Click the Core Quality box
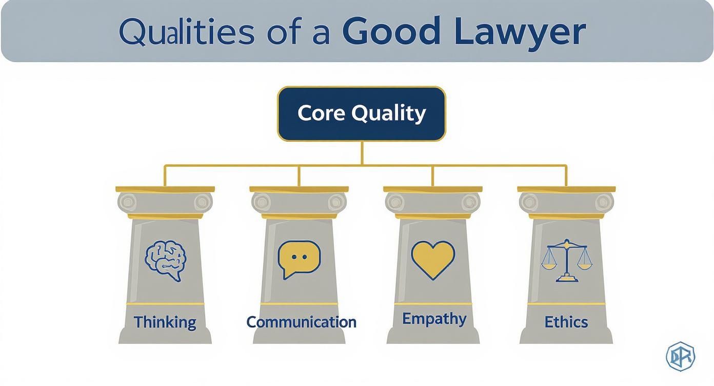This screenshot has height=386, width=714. [361, 113]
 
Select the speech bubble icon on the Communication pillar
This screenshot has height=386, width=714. [299, 258]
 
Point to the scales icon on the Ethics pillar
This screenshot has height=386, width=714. [566, 260]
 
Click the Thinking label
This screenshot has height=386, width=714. [165, 322]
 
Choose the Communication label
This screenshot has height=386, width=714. [301, 322]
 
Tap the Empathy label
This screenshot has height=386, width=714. [434, 319]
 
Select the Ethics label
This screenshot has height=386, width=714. [566, 322]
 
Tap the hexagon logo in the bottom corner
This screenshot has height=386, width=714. [680, 356]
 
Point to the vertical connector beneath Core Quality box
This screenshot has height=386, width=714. [362, 153]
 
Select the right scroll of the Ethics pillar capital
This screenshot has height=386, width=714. [604, 202]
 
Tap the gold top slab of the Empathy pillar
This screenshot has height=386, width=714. [433, 189]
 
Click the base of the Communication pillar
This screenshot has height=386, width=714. [299, 336]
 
